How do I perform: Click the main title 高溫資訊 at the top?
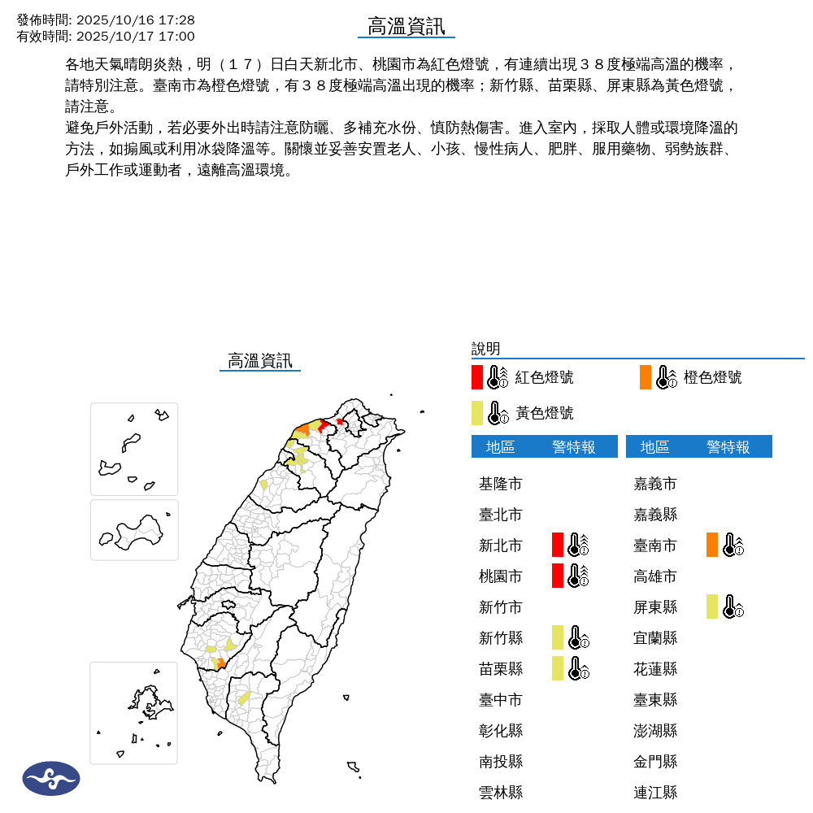[x=406, y=26]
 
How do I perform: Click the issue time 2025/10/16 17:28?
[x=135, y=20]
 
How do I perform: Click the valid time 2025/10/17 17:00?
[x=135, y=36]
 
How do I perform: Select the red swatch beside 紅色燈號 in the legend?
[x=477, y=377]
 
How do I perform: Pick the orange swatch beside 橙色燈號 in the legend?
[x=646, y=377]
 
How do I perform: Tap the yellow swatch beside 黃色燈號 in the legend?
[x=477, y=413]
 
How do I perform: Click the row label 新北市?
[x=500, y=546]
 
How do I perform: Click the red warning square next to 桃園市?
[x=558, y=576]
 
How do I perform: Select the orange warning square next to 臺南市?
[x=712, y=545]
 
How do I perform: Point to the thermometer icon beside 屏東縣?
[x=733, y=606]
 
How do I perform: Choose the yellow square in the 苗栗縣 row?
[x=558, y=668]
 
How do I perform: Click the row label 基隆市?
[x=500, y=484]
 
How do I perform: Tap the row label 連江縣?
[x=654, y=792]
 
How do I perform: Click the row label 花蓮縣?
[x=654, y=668]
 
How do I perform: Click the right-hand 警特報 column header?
[x=728, y=446]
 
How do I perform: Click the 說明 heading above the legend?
[x=485, y=349]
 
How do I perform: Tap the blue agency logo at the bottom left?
[x=51, y=779]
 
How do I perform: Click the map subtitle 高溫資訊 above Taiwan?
[x=259, y=361]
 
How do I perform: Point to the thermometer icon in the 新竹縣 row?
[x=578, y=637]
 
